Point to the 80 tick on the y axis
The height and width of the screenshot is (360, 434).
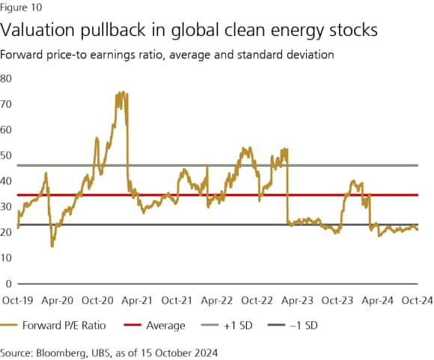click(7, 78)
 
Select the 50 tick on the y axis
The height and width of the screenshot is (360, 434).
click(7, 155)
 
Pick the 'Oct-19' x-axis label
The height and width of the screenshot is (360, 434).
click(16, 299)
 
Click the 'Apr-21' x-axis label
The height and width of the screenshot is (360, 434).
click(136, 299)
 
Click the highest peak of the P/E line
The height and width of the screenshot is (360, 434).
click(120, 93)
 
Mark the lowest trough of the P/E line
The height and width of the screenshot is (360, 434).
click(52, 245)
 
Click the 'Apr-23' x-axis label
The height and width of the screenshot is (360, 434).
click(297, 299)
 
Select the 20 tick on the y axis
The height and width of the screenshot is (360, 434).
click(7, 232)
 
